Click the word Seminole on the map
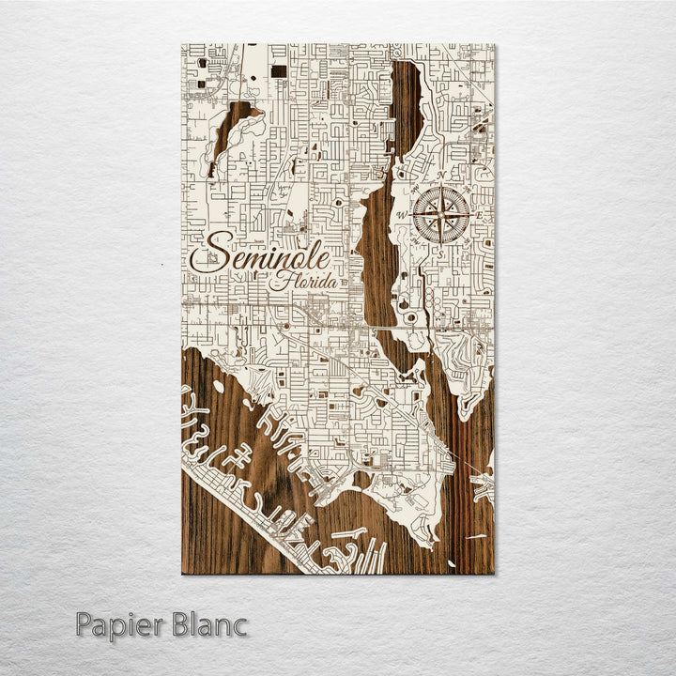coord(260,254)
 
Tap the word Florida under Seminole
coord(299,281)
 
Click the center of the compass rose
coord(442,215)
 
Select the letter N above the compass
coord(440,177)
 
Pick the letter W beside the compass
coord(403,216)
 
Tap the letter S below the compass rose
coord(441,252)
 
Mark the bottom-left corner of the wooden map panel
coord(182,573)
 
